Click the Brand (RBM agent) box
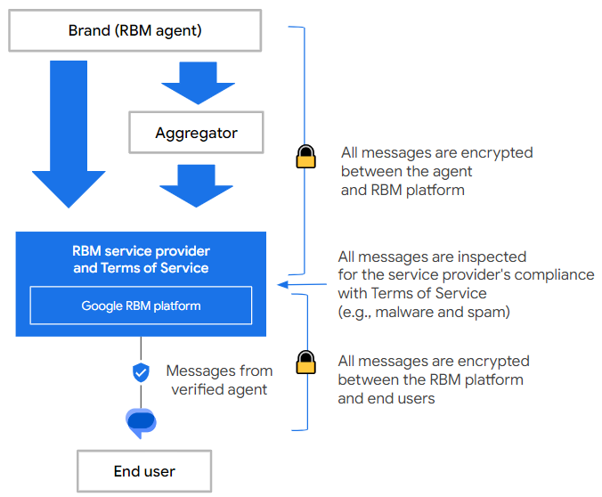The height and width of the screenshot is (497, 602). tap(134, 31)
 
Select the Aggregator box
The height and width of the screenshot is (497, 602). tap(196, 133)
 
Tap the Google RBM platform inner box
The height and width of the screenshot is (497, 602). tap(141, 306)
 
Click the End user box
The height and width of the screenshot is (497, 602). tap(143, 471)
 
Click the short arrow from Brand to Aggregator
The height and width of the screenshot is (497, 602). tap(196, 82)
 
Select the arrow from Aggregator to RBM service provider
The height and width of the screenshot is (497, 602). tap(196, 184)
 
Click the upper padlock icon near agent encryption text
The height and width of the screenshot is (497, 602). tap(305, 157)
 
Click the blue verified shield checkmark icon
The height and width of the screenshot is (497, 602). tap(141, 372)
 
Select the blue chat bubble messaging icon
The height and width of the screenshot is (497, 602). tap(141, 422)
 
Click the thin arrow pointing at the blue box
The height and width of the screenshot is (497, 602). tap(303, 284)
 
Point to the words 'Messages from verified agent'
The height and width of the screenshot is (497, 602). tap(219, 380)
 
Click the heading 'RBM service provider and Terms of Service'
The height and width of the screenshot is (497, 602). tap(141, 259)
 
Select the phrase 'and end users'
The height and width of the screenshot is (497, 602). tap(386, 399)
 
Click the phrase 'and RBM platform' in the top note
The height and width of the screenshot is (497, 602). tap(403, 190)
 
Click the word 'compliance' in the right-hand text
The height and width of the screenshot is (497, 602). tap(558, 274)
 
